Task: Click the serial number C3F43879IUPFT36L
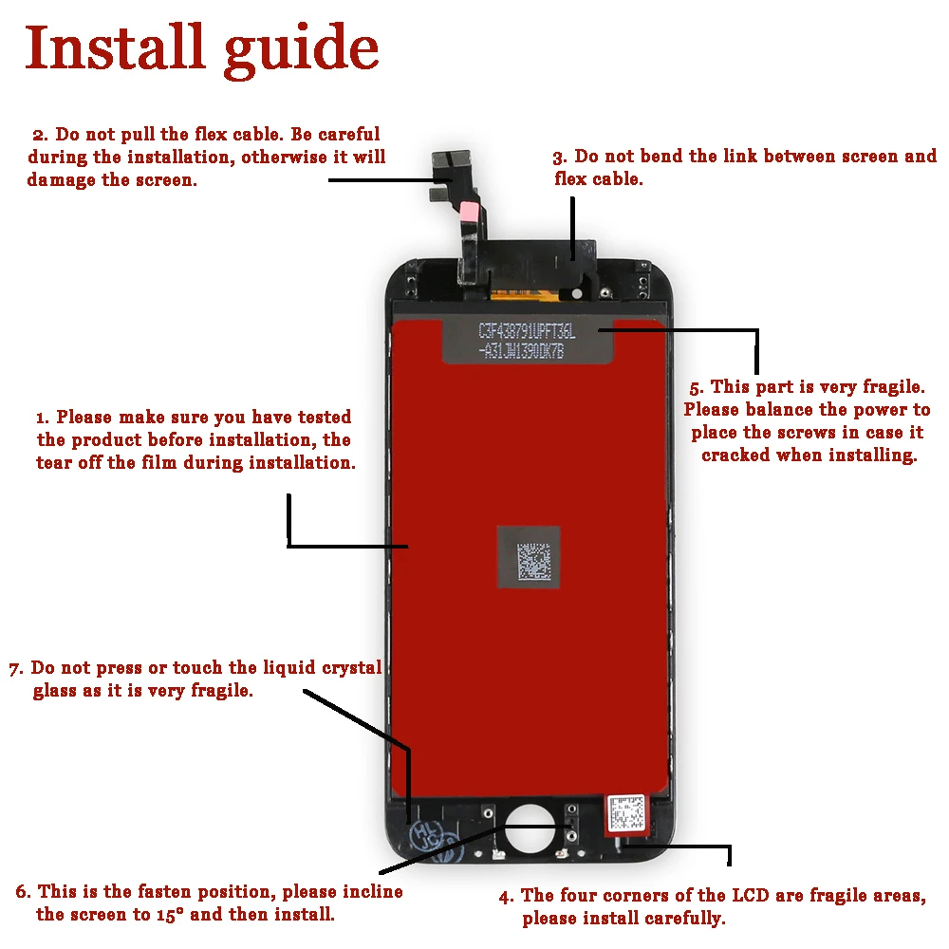point(527,331)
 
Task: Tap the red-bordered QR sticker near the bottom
point(626,813)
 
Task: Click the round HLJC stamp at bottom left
point(423,836)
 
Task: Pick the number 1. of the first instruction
point(43,418)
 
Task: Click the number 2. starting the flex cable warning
point(39,135)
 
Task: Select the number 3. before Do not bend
point(560,158)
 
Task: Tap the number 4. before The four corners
point(508,896)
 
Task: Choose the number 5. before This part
point(697,387)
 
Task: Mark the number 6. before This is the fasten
point(23,892)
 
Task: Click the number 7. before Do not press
point(15,669)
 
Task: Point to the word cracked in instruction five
point(735,456)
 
